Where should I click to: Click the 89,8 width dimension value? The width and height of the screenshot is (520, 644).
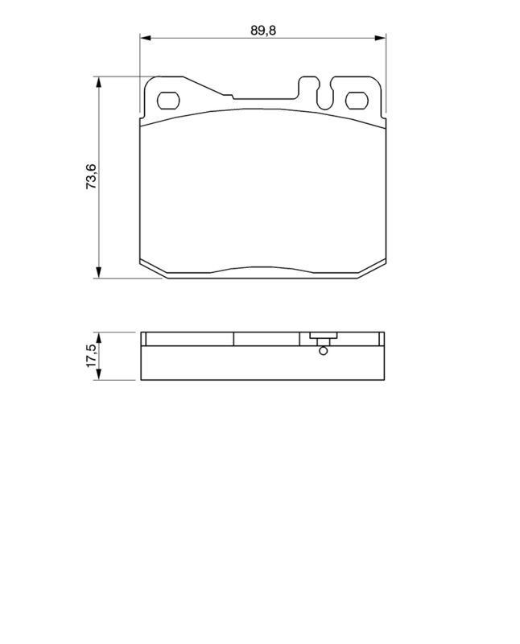[257, 30]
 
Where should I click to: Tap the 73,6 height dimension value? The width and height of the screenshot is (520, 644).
[92, 175]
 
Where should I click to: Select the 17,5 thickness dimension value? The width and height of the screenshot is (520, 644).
[91, 355]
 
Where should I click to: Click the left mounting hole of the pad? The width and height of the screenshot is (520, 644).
[168, 101]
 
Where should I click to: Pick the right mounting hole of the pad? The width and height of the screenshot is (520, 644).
[356, 101]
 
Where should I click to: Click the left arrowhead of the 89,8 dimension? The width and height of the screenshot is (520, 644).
[146, 38]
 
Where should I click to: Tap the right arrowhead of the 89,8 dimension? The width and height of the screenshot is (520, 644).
[381, 38]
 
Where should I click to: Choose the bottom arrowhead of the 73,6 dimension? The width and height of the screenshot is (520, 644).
[99, 273]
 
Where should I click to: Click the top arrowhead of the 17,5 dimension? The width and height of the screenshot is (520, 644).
[99, 336]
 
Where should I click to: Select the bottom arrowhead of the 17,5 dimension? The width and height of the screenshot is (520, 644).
[99, 374]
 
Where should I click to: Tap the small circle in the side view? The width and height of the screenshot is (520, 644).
[323, 350]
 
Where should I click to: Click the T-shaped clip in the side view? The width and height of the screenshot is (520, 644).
[322, 339]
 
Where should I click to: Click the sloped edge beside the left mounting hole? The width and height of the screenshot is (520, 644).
[207, 89]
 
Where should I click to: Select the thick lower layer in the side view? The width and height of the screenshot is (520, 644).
[262, 362]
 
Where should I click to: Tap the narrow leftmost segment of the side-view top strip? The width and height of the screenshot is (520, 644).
[145, 339]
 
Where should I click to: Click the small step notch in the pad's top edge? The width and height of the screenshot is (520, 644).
[233, 99]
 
